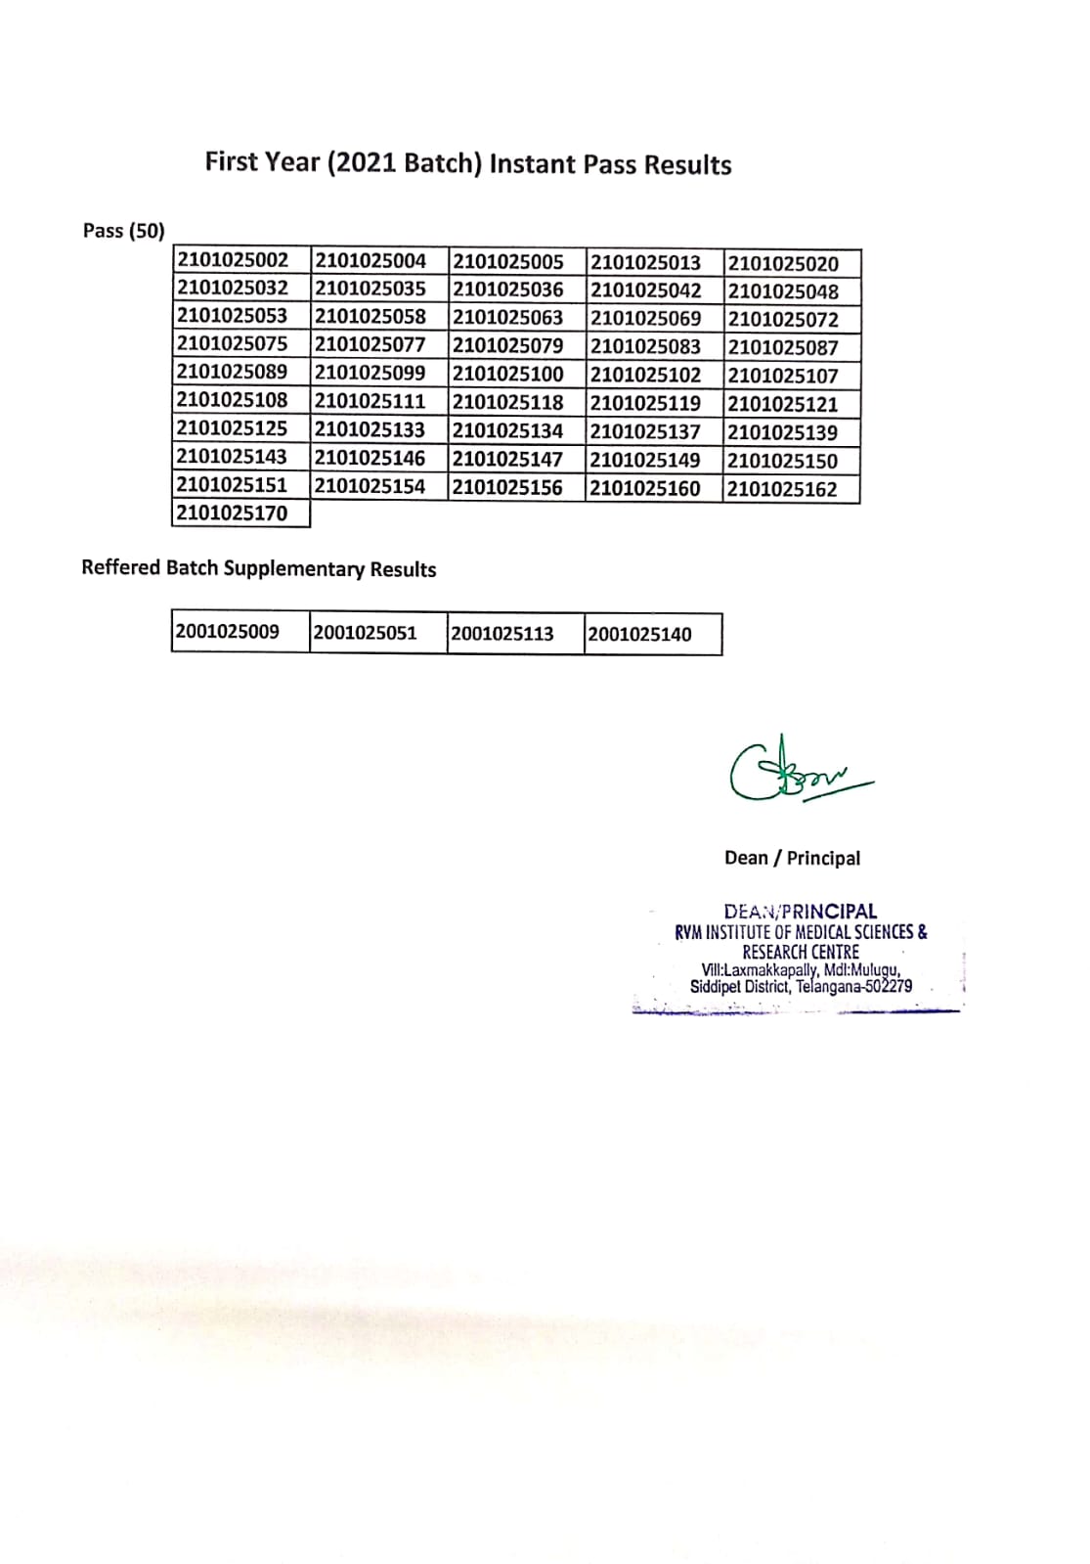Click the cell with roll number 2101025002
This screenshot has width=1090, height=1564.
click(233, 260)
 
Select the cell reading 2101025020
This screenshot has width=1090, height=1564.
click(783, 263)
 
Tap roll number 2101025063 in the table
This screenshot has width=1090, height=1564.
click(507, 317)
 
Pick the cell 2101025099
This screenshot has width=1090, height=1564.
click(370, 373)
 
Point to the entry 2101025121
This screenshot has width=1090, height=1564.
click(783, 404)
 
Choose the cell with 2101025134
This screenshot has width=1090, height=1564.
click(507, 430)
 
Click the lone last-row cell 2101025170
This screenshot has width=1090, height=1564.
click(233, 513)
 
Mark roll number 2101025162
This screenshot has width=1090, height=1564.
click(783, 489)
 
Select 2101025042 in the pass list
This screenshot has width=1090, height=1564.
click(645, 290)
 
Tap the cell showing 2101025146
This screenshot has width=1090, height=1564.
click(370, 457)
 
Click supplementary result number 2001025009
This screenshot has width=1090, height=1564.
click(228, 632)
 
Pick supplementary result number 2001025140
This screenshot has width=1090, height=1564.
click(639, 635)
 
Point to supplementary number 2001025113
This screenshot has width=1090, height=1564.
click(502, 634)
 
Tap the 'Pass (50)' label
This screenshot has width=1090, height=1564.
click(124, 231)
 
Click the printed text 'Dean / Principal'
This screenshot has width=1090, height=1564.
click(793, 858)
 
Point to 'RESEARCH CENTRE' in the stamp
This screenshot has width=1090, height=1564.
click(801, 952)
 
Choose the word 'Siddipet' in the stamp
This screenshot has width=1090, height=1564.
click(716, 987)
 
